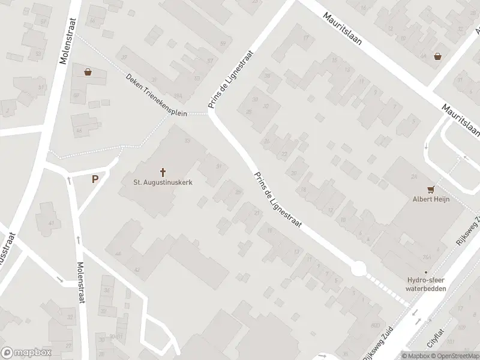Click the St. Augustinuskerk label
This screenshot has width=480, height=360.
[163, 181]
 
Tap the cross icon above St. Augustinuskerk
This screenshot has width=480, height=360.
[163, 171]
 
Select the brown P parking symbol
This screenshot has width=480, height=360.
[95, 179]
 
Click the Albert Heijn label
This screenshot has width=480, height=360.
[430, 199]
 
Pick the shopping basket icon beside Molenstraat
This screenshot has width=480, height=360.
[88, 72]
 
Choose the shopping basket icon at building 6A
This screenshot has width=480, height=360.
[439, 56]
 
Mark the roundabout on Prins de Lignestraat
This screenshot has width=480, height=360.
[359, 269]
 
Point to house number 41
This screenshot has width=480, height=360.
[51, 224]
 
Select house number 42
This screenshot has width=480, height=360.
[137, 270]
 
